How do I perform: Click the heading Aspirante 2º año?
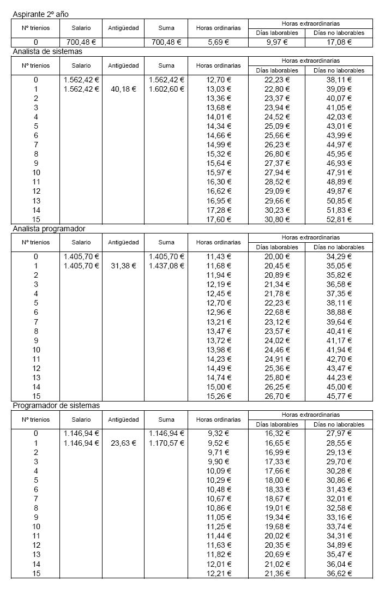click(40, 14)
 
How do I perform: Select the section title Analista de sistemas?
click(47, 51)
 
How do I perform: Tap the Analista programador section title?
click(49, 229)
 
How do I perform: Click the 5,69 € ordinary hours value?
click(218, 42)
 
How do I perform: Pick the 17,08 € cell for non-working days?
click(339, 42)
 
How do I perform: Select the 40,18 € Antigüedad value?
click(123, 89)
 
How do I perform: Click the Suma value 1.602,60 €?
click(166, 89)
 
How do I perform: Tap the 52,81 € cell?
click(339, 219)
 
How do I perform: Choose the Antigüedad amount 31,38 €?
click(123, 266)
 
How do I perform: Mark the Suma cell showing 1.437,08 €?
click(166, 266)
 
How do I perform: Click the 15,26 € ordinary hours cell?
click(218, 396)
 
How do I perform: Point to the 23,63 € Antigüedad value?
click(123, 443)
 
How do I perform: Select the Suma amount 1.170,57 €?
click(166, 443)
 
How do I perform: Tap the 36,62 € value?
click(339, 573)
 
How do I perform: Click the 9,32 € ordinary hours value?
click(218, 434)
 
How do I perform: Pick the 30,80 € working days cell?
click(276, 219)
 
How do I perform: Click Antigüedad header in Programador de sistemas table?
click(123, 420)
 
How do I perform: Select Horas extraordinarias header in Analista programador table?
click(310, 237)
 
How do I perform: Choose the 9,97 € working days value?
click(276, 42)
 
